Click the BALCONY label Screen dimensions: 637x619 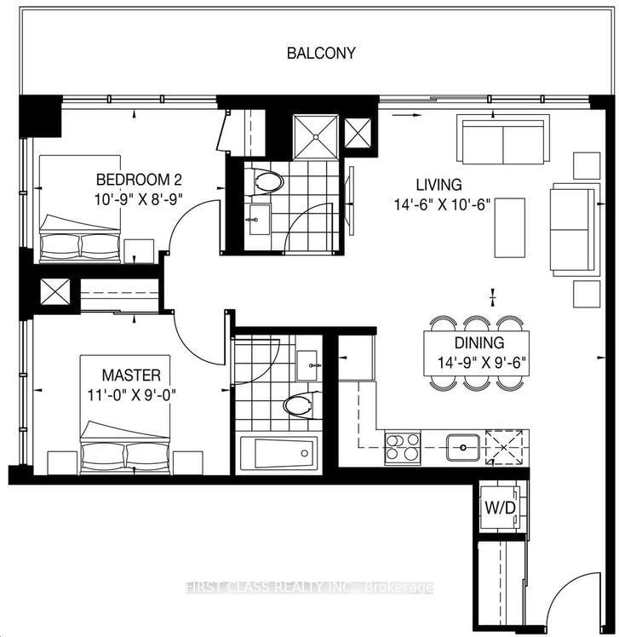pyautogui.click(x=321, y=53)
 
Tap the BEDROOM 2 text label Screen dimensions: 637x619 pyautogui.click(x=139, y=180)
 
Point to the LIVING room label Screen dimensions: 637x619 pyautogui.click(x=438, y=184)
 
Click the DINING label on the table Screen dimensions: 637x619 pyautogui.click(x=479, y=343)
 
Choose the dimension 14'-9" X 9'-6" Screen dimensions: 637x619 pyautogui.click(x=479, y=361)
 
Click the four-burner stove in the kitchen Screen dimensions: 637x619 pyautogui.click(x=403, y=447)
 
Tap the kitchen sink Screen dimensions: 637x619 pyautogui.click(x=463, y=446)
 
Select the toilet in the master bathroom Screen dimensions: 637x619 pyautogui.click(x=299, y=405)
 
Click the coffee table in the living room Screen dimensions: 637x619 pyautogui.click(x=512, y=227)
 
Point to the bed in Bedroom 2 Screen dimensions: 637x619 pyautogui.click(x=81, y=209)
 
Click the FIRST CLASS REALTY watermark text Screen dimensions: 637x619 pyautogui.click(x=309, y=588)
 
